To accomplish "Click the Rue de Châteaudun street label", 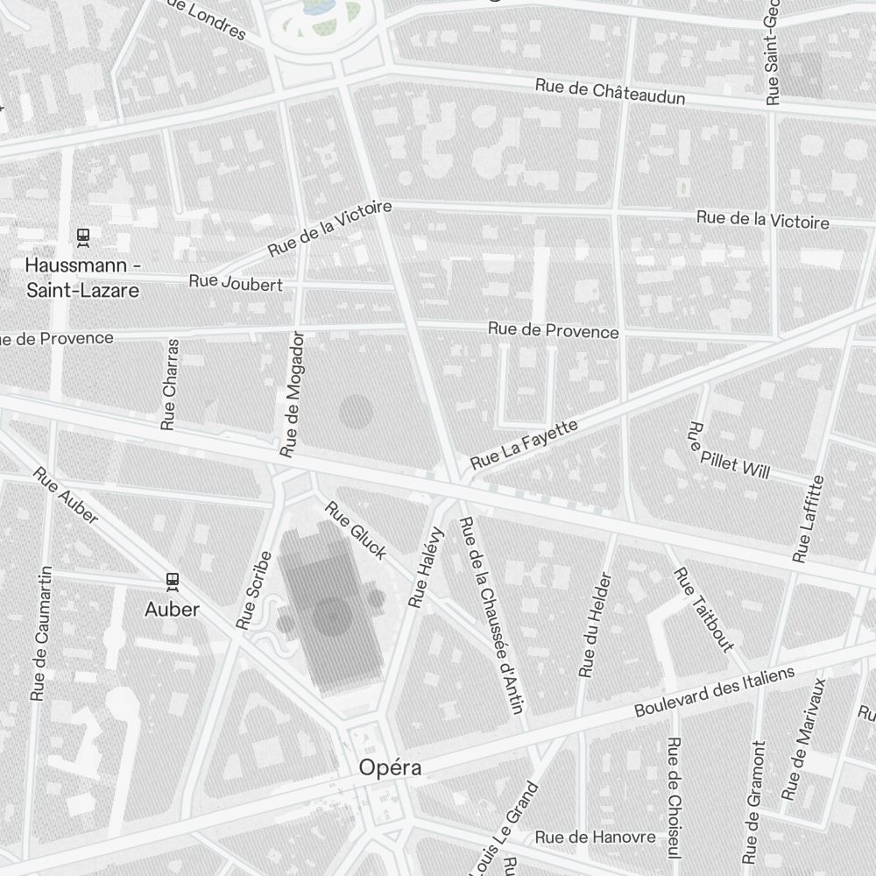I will [610, 91].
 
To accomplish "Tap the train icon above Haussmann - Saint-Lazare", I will [83, 236].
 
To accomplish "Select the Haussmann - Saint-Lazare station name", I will [82, 277].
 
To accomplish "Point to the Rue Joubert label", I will [236, 283].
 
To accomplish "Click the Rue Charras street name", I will [170, 385].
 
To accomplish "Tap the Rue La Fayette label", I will [524, 444].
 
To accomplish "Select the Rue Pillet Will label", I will [728, 451].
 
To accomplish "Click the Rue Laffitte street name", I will [809, 519].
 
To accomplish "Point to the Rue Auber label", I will [66, 496].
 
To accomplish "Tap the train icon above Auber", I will [173, 580].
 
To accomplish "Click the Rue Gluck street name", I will [356, 530].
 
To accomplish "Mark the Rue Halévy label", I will [427, 568].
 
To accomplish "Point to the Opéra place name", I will [390, 768].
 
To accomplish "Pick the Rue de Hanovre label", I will [595, 837].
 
